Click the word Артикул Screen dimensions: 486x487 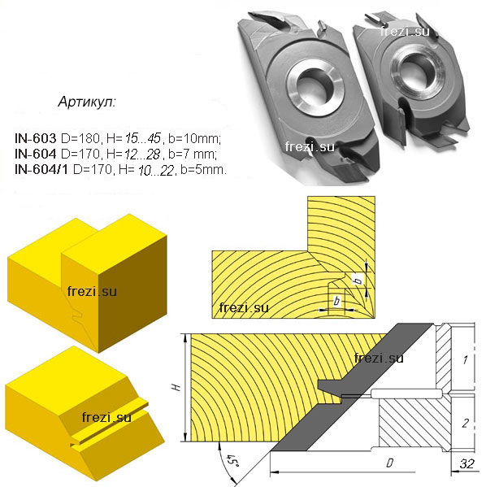[x=87, y=102]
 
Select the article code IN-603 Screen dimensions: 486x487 [x=36, y=138]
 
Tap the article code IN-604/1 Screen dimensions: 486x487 [x=41, y=170]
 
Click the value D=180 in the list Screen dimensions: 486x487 [x=81, y=138]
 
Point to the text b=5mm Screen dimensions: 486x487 [x=204, y=170]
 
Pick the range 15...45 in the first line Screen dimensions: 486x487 [x=143, y=138]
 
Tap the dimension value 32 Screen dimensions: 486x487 [x=466, y=463]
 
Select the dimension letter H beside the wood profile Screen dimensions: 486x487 [x=176, y=387]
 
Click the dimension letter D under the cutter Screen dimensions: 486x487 [x=389, y=463]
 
